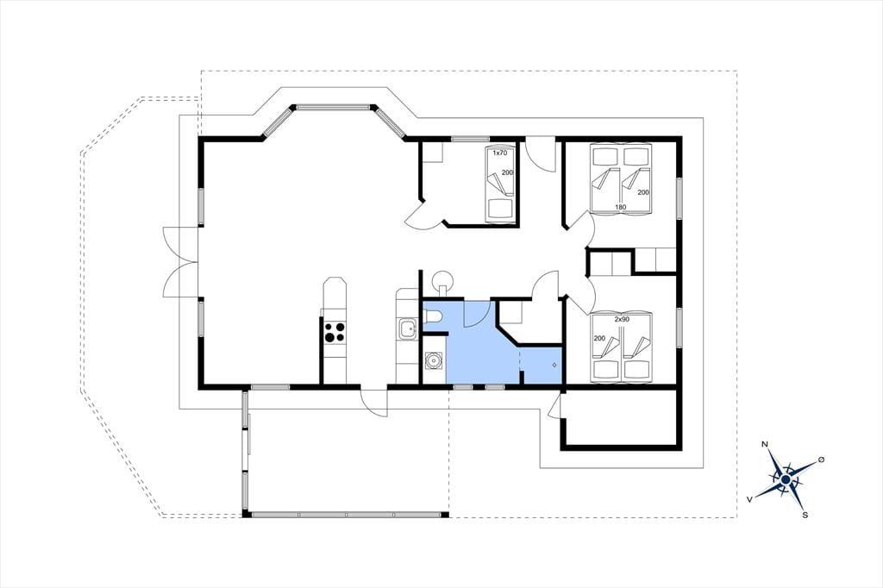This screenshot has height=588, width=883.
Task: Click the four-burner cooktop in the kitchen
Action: click(333, 332)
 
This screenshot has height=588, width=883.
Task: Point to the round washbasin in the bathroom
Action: click(433, 360)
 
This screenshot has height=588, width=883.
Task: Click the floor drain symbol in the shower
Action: click(554, 366)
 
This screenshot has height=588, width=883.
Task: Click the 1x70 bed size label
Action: click(500, 153)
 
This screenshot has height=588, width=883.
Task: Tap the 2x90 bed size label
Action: click(622, 319)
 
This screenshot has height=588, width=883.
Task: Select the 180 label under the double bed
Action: click(620, 207)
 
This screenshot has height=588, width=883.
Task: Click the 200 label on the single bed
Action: click(507, 173)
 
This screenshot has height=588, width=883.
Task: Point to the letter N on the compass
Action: click(765, 444)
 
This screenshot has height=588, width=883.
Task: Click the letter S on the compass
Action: click(805, 514)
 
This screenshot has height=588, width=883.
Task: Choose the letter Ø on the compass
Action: click(821, 460)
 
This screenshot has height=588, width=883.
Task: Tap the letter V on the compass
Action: click(749, 499)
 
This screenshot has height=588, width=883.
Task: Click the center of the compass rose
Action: click(786, 479)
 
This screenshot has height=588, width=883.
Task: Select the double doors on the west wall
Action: click(181, 262)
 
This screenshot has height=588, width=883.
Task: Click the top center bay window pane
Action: click(334, 106)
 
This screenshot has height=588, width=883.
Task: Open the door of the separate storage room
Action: click(554, 405)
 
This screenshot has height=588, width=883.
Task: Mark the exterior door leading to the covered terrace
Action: click(374, 402)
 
